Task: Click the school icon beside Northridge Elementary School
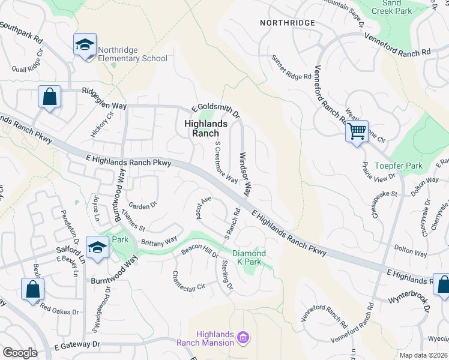click(85, 45)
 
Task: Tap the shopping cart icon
click(357, 130)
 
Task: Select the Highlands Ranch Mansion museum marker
click(243, 338)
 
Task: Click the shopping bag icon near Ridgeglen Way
click(49, 97)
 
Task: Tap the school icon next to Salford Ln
click(97, 247)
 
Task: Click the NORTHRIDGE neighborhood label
click(288, 22)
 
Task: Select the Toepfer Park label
click(398, 166)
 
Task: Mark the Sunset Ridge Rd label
click(291, 68)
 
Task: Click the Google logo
click(20, 353)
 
